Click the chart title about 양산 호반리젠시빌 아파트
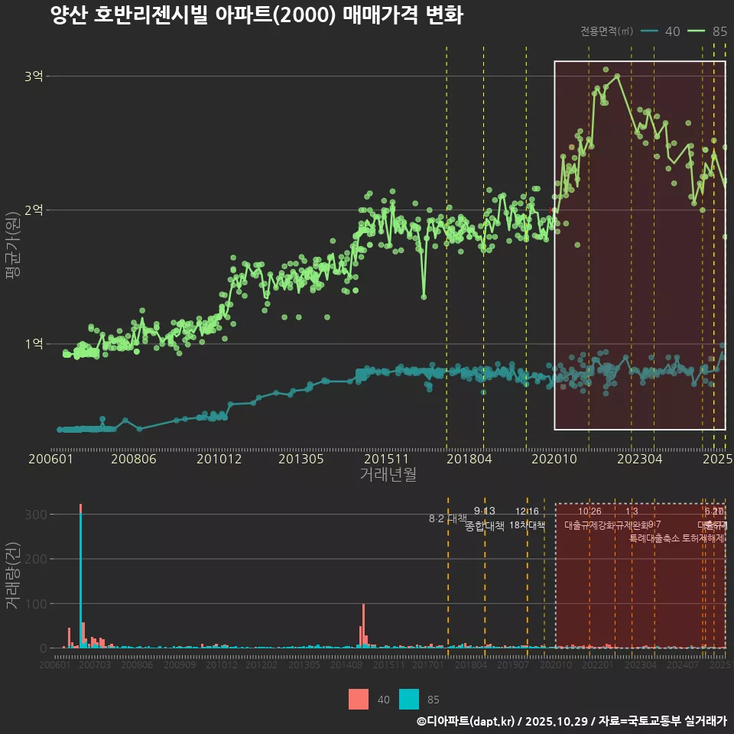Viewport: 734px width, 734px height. [x=256, y=15]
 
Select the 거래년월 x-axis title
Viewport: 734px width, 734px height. [x=388, y=474]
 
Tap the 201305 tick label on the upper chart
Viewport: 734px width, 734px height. [x=300, y=460]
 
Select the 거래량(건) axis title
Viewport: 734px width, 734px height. [x=12, y=576]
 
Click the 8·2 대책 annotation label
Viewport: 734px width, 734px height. [x=448, y=518]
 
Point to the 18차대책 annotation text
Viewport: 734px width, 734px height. [x=527, y=525]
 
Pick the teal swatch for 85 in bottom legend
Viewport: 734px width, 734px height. [x=408, y=699]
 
